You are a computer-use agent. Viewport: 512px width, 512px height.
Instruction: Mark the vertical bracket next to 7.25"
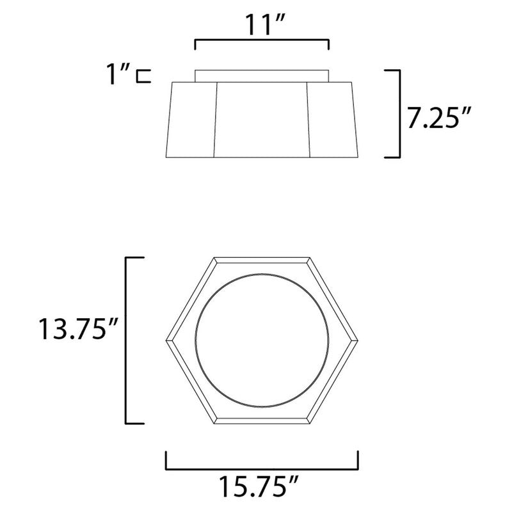pos(398,113)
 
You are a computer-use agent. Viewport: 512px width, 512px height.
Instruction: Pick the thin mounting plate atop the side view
pos(262,76)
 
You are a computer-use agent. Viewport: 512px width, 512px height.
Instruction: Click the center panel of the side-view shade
pos(262,120)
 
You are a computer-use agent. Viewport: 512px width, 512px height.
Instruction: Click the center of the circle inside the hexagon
pos(262,339)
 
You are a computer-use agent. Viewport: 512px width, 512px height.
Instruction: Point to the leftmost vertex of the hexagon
pos(166,339)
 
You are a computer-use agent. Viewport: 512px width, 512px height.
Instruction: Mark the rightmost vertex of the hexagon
pos(358,339)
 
